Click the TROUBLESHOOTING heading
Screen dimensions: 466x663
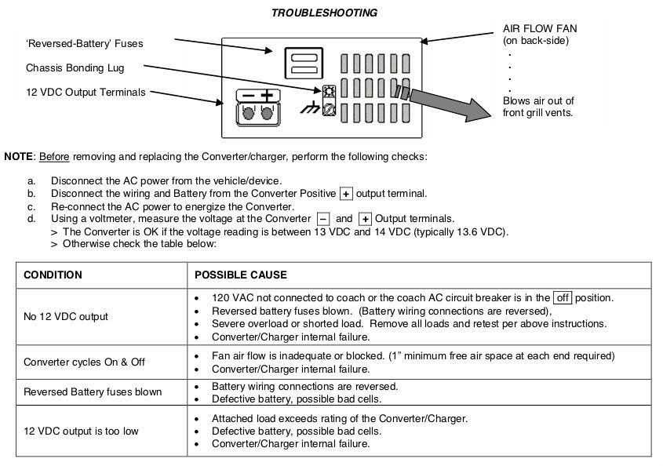pos(324,13)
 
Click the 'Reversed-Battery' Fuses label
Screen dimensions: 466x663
pos(85,44)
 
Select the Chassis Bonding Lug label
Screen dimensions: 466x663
pos(75,68)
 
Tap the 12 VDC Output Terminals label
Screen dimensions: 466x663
pos(86,92)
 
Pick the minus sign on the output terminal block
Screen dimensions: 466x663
pos(248,96)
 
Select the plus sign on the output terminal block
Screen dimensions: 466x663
pos(268,96)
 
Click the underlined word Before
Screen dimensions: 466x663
pos(54,157)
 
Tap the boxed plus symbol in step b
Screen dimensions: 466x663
pos(346,194)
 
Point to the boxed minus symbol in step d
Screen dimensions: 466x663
pos(323,219)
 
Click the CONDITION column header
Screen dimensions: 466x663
pos(53,275)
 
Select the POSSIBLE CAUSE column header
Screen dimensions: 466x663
pos(240,275)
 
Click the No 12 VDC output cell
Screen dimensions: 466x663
pos(66,317)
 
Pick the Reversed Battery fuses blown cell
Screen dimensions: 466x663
pos(93,392)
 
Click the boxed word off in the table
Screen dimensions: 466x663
pos(563,298)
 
